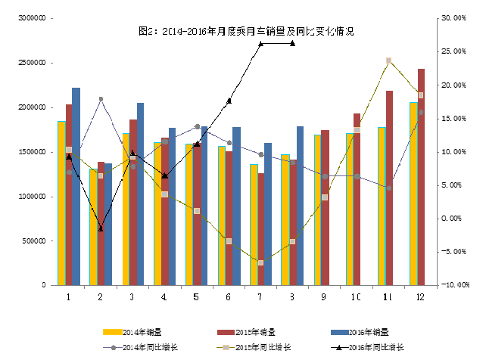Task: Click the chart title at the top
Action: [246, 32]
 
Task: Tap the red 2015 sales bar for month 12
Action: [421, 177]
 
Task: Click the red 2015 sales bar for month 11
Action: [389, 188]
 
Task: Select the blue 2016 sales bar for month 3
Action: [140, 194]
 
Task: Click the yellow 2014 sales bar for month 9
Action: [317, 210]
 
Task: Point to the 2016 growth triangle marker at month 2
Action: [101, 228]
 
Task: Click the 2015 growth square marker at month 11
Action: [388, 61]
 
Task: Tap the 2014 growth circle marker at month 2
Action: [101, 99]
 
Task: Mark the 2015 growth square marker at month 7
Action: [260, 262]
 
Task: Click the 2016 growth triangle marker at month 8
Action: [292, 43]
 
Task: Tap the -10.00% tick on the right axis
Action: [453, 285]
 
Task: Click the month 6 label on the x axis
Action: [228, 297]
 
